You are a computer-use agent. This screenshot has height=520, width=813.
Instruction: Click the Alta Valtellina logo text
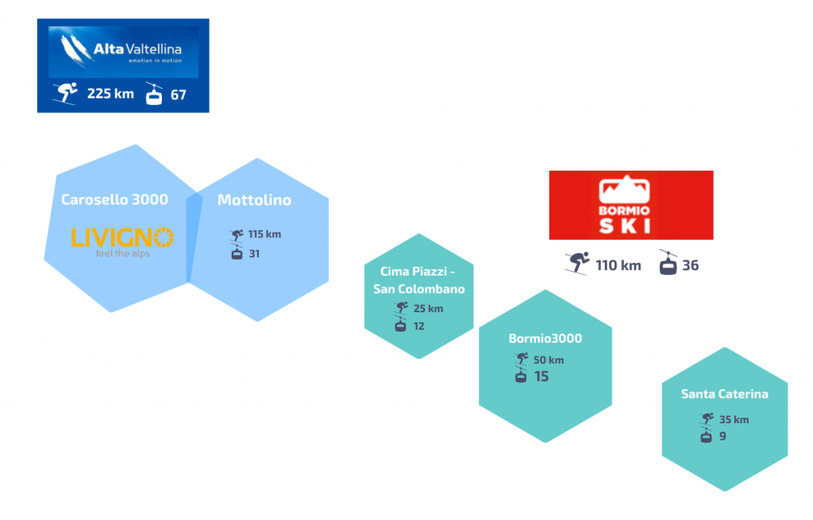[x=137, y=49]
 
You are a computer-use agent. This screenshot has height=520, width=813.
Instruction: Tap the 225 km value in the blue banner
[x=110, y=94]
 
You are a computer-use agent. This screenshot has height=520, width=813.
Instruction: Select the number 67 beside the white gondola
[x=179, y=95]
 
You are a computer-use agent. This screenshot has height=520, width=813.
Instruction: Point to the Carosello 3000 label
[x=114, y=199]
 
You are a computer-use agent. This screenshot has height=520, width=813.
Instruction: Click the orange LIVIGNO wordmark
[x=122, y=237]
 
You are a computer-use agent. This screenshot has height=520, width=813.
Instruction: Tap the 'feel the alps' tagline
[x=123, y=253]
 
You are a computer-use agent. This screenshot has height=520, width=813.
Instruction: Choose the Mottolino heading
[x=254, y=200]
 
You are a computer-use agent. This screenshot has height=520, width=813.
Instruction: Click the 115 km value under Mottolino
[x=264, y=234]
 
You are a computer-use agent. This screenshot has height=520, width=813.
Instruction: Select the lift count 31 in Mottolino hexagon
[x=254, y=253]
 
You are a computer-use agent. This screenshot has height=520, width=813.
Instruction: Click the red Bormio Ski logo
[x=631, y=206]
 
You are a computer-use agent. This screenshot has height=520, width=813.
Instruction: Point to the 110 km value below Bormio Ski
[x=618, y=265]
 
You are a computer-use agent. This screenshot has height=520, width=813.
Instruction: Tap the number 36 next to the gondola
[x=690, y=265]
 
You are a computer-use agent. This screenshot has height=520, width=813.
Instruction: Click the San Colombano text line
[x=419, y=289]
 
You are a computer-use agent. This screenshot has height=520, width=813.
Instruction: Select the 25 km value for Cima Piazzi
[x=428, y=309]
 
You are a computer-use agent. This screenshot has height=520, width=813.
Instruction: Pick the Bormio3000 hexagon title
[x=545, y=338]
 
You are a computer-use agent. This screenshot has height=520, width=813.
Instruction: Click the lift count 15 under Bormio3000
[x=541, y=376]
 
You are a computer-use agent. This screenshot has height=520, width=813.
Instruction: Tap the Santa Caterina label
[x=724, y=394]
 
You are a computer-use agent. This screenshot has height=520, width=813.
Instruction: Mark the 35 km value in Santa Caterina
[x=734, y=419]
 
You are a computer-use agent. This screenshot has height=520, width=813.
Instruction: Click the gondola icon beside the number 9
[x=706, y=437]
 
